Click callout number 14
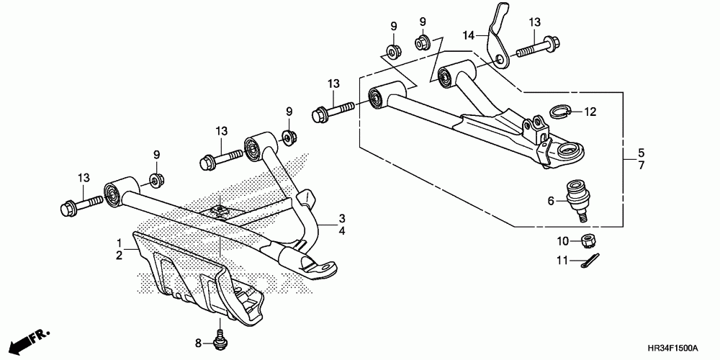coord(469,35)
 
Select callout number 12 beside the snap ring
coord(590,112)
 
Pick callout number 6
coord(551,202)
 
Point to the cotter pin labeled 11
coord(590,261)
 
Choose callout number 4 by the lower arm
coord(343,231)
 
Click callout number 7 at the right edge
coord(640,166)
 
